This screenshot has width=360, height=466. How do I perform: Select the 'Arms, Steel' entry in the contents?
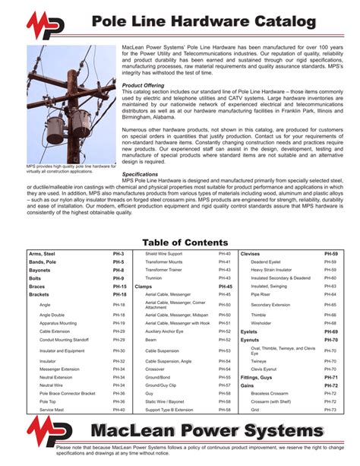tap(43, 253)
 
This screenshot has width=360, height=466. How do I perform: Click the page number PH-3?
tap(118, 253)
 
